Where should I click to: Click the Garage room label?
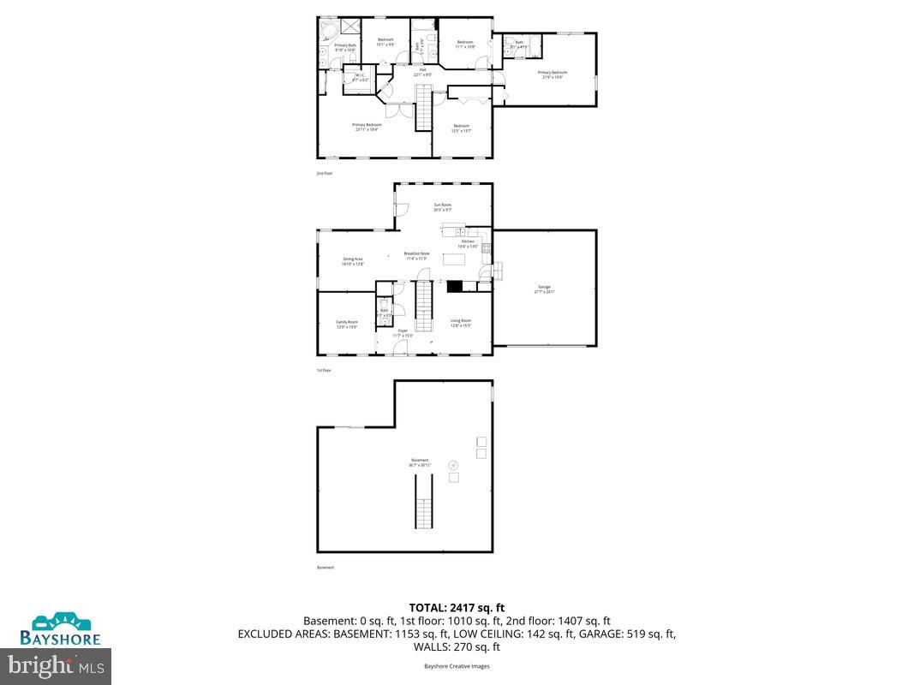[544, 289]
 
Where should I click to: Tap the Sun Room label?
[442, 206]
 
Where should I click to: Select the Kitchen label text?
[468, 243]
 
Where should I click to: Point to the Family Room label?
[346, 324]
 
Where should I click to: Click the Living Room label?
[461, 323]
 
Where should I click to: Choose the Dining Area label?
[353, 260]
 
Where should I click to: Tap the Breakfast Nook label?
[416, 255]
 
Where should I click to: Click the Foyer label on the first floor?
[403, 331]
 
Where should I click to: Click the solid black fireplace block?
[455, 288]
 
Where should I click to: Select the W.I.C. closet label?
[358, 77]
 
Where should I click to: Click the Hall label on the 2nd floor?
[422, 72]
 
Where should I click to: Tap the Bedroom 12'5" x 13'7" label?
[461, 128]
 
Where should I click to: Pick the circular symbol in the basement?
[454, 464]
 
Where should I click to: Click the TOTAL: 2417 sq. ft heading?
[457, 608]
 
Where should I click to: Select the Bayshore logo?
[61, 628]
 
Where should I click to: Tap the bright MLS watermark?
[56, 664]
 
